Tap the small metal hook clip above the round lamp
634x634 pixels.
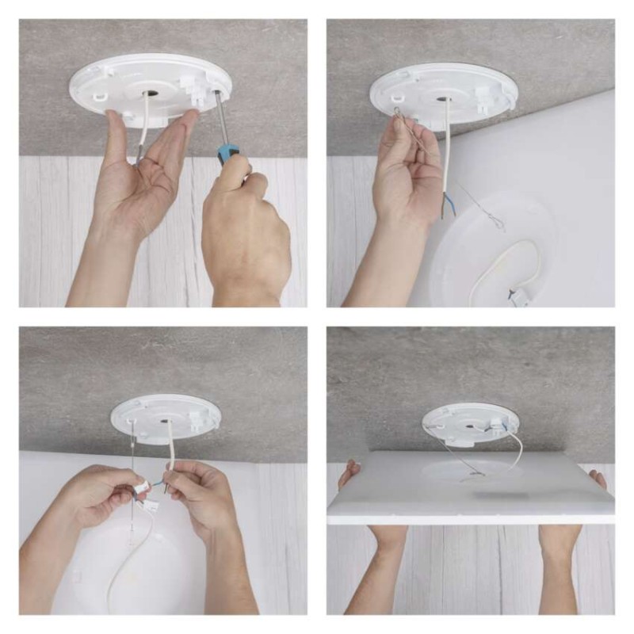pos(496,225)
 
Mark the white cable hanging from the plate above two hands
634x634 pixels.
pos(169,448)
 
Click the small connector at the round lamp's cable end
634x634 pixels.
pos(520,297)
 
